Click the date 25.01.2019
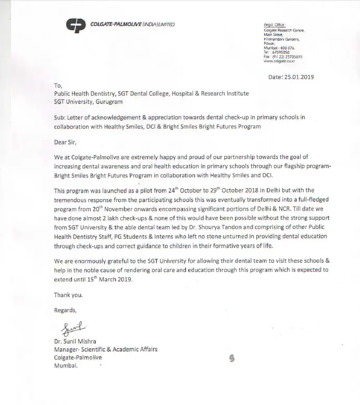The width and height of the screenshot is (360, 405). pos(299,77)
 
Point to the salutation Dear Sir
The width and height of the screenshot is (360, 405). pos(68,141)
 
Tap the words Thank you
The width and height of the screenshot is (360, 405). pos(68,294)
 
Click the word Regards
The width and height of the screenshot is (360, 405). pos(65,310)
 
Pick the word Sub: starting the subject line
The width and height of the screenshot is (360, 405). pos(60,118)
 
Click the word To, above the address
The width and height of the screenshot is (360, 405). pos(57,85)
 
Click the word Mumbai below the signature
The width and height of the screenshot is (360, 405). pos(66,366)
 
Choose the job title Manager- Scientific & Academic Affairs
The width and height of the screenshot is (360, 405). pos(106,349)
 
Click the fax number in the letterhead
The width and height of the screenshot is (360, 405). pos(283,56)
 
